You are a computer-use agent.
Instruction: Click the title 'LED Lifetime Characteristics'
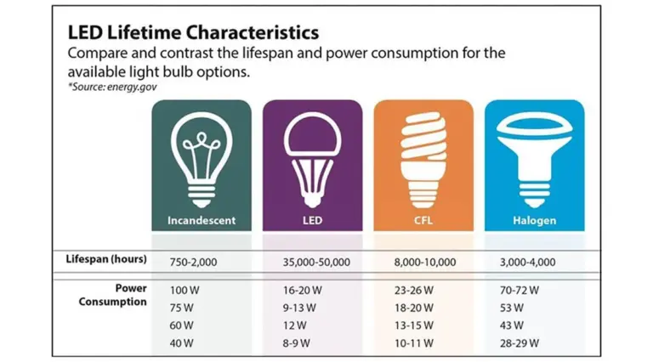193,32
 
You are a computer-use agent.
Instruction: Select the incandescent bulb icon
201,157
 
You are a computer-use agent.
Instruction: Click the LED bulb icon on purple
313,157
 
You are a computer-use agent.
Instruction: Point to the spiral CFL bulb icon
423,157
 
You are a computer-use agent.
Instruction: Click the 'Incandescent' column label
201,221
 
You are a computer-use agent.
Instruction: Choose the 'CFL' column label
423,221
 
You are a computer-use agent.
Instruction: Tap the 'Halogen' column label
534,221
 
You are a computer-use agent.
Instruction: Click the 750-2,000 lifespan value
194,261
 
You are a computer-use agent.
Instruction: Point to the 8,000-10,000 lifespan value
425,261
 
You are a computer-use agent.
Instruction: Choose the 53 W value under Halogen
513,307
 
